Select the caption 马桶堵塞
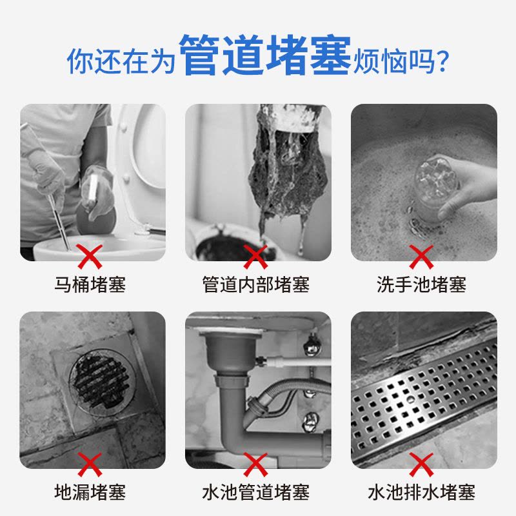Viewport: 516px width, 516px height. coord(90,284)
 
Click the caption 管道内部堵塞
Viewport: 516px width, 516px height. coord(256,284)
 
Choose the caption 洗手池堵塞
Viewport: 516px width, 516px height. coord(421,284)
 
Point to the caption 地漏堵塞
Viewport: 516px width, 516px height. coord(90,492)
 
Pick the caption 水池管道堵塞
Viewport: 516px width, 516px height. coord(256,492)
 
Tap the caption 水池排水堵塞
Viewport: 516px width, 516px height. coord(421,492)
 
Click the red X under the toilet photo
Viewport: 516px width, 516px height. coord(90,257)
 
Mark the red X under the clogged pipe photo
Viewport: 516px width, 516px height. coord(255,257)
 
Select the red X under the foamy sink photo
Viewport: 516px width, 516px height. coord(421,257)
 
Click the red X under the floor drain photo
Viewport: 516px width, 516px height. coord(90,464)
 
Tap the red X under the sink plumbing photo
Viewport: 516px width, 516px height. coord(255,464)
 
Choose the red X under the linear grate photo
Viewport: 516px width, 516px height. coord(421,464)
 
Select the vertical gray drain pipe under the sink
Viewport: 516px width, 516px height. coord(229,400)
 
